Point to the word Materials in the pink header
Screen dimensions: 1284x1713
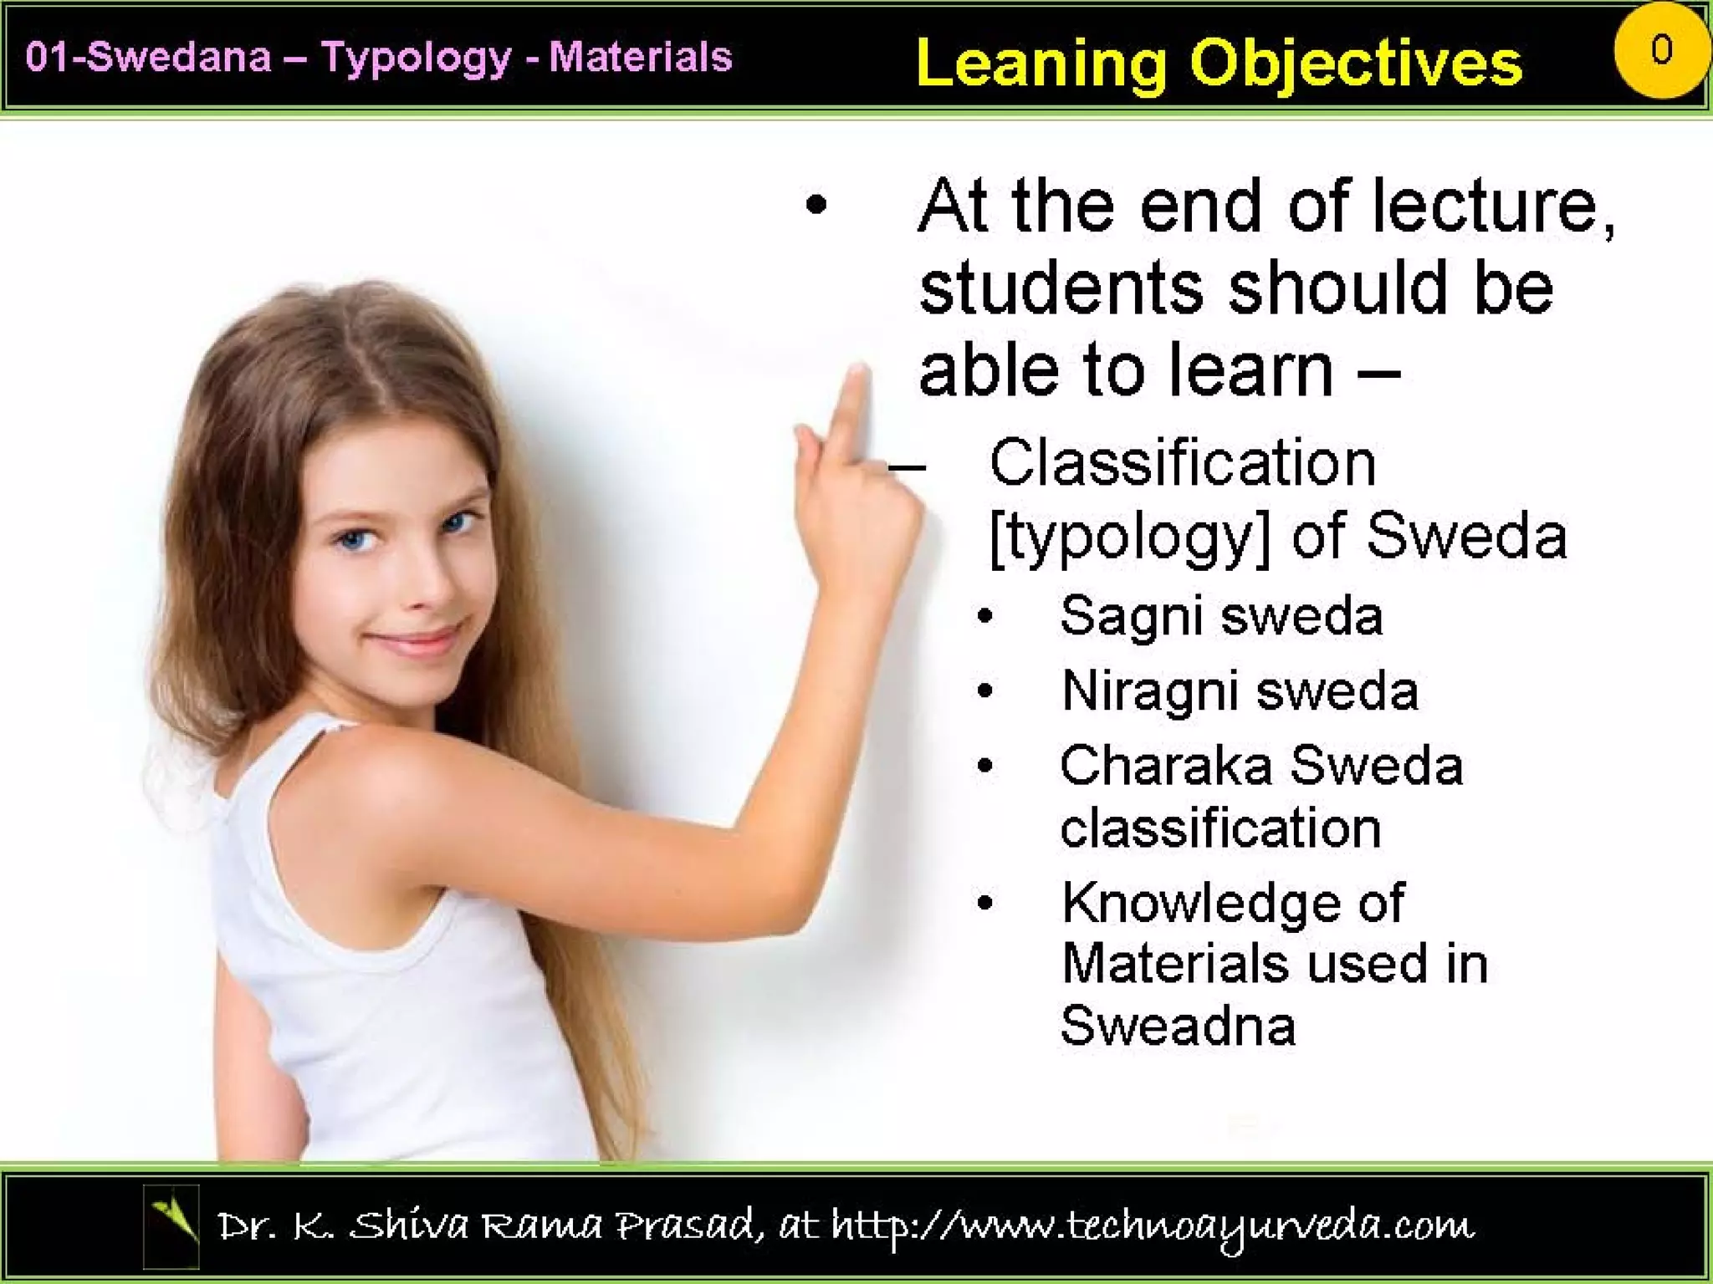(x=640, y=58)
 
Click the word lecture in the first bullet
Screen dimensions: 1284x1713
(x=1492, y=206)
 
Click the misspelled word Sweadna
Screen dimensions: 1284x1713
(x=1178, y=1025)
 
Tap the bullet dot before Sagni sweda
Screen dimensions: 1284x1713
(x=985, y=617)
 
